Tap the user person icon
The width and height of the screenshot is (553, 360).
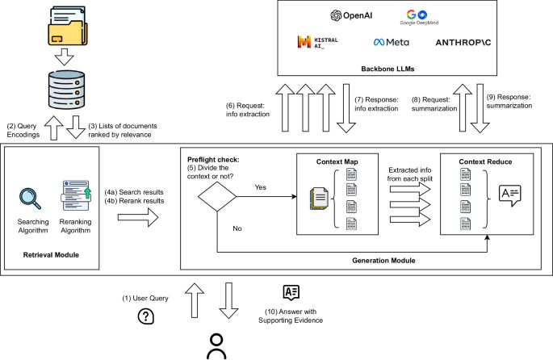tap(216, 343)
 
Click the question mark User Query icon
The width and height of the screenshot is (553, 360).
tap(146, 316)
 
